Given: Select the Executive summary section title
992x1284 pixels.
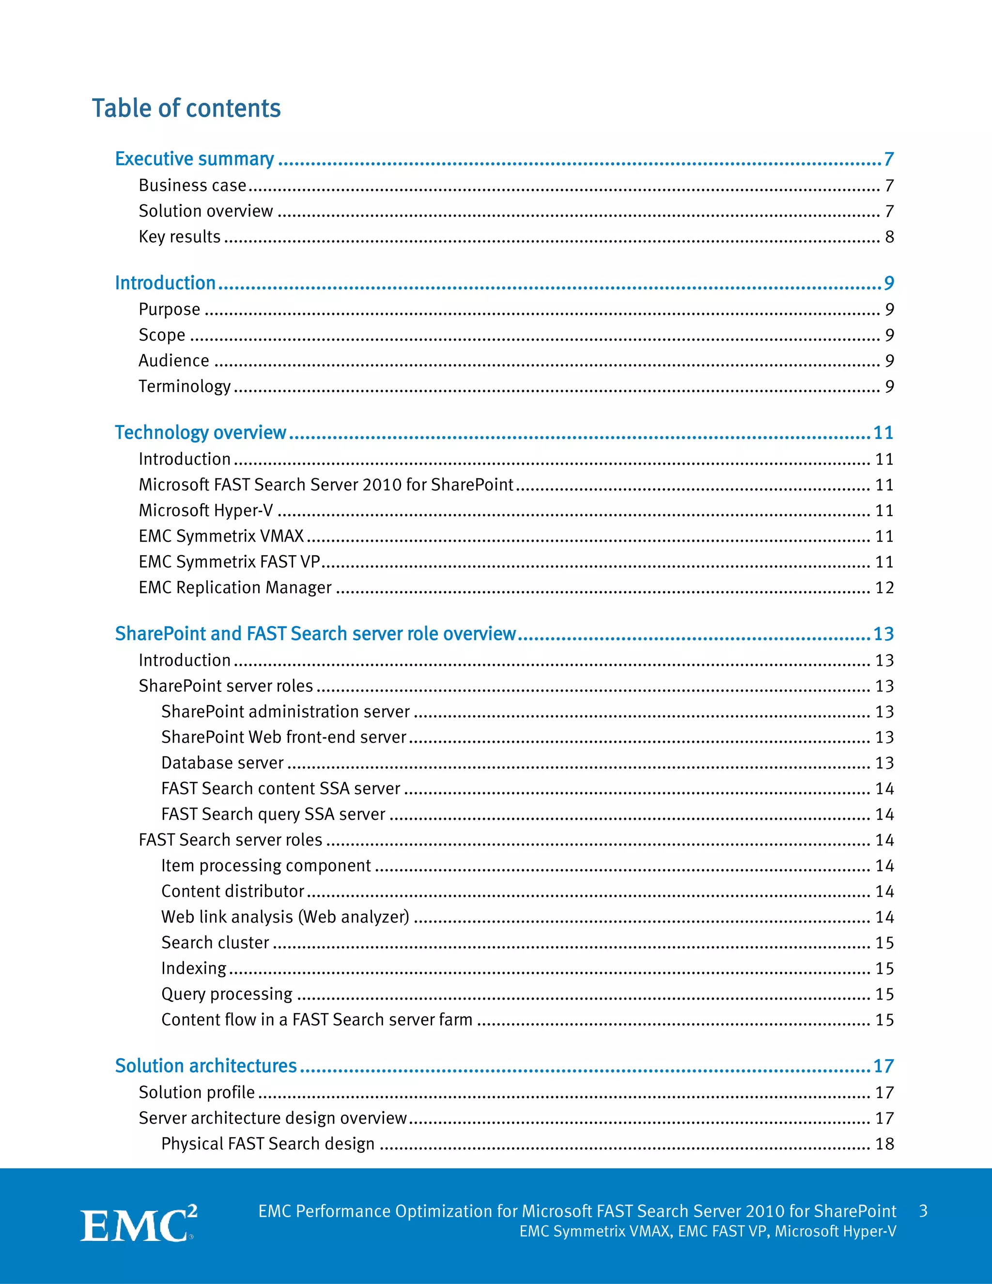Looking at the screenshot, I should tap(195, 159).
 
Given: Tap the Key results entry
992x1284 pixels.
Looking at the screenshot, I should tap(179, 236).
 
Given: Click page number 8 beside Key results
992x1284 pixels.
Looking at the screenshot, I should tap(889, 237).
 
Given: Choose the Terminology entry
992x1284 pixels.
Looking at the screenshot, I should tap(185, 386).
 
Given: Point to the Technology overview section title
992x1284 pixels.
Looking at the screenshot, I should tap(201, 433).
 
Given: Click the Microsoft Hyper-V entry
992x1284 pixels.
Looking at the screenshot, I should tap(206, 510).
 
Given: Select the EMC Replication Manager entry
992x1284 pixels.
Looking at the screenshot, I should tap(235, 587).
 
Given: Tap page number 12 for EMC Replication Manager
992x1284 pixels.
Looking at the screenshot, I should tap(884, 588).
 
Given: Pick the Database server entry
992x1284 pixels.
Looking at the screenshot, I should tap(222, 763).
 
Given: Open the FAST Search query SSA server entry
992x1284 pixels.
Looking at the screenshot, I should tap(273, 814).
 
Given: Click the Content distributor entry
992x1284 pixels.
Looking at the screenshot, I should tap(232, 891).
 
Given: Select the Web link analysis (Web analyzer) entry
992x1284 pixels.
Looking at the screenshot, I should tap(285, 917).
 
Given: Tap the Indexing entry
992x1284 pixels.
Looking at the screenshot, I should tap(194, 968).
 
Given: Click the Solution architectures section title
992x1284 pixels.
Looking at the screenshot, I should tap(206, 1066).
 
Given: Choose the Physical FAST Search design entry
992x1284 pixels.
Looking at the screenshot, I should tap(268, 1143).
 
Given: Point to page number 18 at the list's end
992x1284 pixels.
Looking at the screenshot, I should tap(884, 1144).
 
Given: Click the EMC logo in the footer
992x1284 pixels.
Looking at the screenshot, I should tap(139, 1224).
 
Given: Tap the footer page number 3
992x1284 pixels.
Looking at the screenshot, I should tap(923, 1211).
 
